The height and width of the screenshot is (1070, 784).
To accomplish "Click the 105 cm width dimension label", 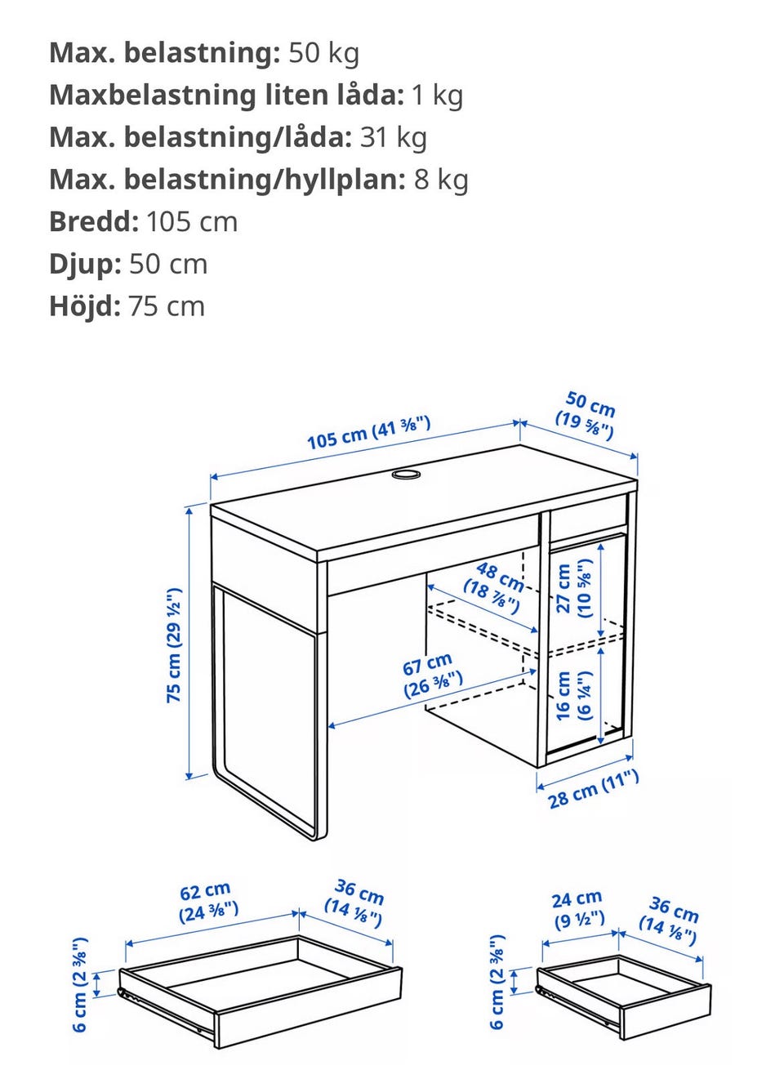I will point(368,433).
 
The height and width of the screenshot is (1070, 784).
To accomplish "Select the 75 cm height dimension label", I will point(174,645).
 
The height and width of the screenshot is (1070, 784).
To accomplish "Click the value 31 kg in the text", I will point(394,136).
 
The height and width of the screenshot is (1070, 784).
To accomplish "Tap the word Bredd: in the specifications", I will point(94,221).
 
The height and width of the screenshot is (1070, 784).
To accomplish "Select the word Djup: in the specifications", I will point(85,264).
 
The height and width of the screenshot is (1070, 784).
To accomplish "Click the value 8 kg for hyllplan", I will point(441,179).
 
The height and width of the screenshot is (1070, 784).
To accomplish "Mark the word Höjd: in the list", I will point(85,306).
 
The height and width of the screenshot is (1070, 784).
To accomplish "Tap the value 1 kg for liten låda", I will point(437,95).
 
